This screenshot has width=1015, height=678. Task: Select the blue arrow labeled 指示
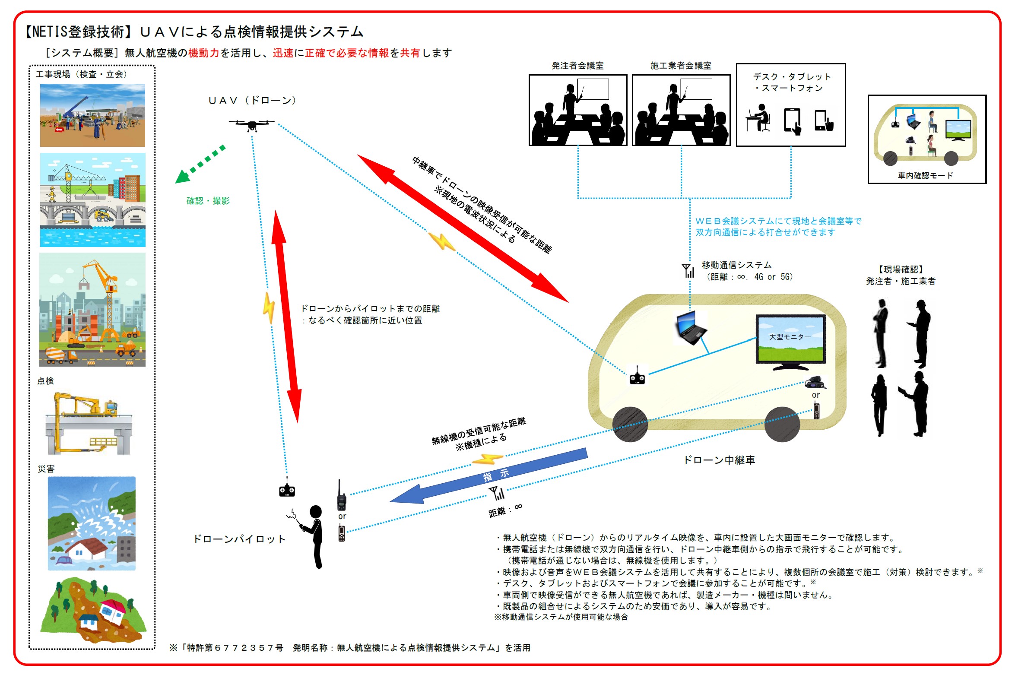(x=488, y=476)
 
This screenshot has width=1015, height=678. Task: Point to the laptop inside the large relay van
(x=691, y=327)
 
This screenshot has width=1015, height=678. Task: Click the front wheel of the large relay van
(x=630, y=424)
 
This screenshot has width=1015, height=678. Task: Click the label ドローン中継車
(x=719, y=460)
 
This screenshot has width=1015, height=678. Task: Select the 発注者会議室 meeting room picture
(x=577, y=110)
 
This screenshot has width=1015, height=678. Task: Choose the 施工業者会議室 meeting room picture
(x=681, y=110)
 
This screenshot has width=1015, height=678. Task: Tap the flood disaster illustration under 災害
(x=91, y=523)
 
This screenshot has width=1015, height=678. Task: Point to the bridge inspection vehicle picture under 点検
(x=88, y=423)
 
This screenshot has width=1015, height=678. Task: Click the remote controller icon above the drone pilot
(x=287, y=489)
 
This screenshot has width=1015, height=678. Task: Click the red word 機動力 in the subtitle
(x=204, y=53)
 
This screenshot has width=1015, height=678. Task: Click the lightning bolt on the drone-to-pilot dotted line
(x=269, y=307)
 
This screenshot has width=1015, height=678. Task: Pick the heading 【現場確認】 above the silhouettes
(x=901, y=269)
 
